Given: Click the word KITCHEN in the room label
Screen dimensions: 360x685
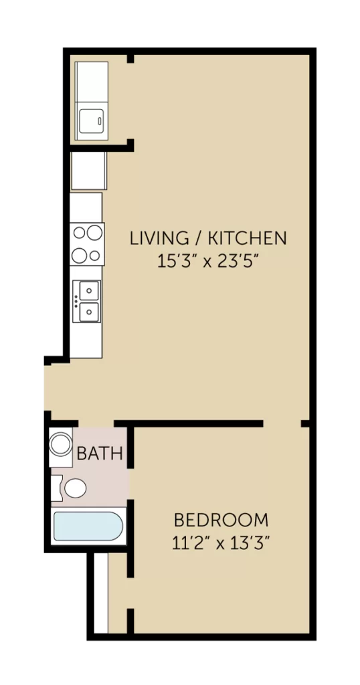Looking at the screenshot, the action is pyautogui.click(x=247, y=239).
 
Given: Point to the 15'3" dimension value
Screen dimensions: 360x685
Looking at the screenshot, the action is pyautogui.click(x=177, y=262).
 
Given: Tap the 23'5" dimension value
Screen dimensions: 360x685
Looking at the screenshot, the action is pyautogui.click(x=236, y=262).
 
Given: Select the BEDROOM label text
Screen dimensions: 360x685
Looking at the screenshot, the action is pyautogui.click(x=221, y=520).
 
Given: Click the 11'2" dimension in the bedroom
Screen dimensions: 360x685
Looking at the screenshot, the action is pyautogui.click(x=191, y=544).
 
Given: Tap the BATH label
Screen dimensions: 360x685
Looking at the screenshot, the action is pyautogui.click(x=100, y=454).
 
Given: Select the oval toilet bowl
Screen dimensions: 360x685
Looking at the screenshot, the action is pyautogui.click(x=76, y=488).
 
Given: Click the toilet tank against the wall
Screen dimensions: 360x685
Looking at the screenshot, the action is pyautogui.click(x=57, y=488).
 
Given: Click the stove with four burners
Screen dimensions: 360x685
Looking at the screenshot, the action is pyautogui.click(x=87, y=243).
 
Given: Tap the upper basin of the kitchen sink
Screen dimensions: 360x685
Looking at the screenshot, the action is pyautogui.click(x=90, y=290).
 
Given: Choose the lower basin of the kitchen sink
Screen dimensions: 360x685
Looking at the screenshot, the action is pyautogui.click(x=90, y=312).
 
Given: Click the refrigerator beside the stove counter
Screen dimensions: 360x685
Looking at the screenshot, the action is pyautogui.click(x=89, y=171).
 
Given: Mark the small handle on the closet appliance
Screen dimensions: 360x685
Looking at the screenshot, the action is pyautogui.click(x=100, y=121).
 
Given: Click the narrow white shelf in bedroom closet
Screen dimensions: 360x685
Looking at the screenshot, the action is pyautogui.click(x=101, y=593).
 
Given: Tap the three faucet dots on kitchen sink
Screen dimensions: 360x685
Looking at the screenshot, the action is pyautogui.click(x=76, y=301).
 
